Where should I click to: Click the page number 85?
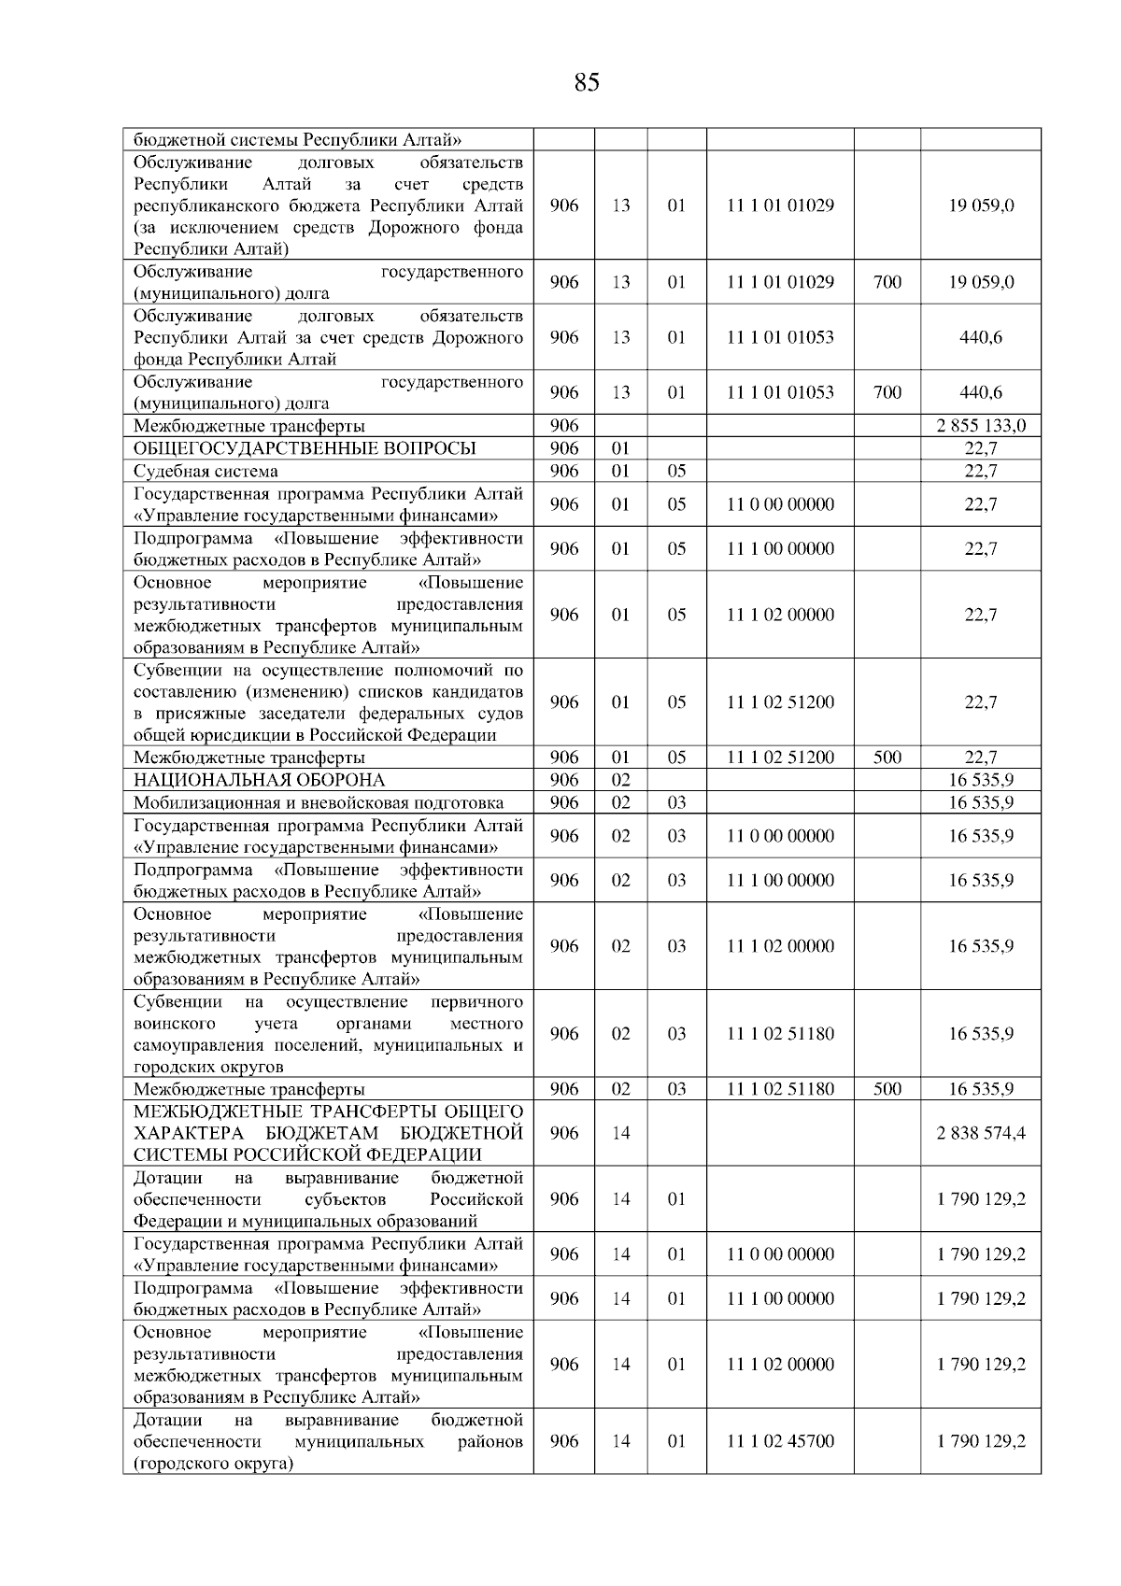point(587,83)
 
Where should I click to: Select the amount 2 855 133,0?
point(981,426)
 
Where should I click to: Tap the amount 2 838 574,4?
point(981,1133)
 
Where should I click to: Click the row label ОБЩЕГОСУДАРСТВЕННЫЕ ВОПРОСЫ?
point(305,448)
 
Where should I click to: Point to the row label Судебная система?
point(206,471)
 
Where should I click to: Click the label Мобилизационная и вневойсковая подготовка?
point(319,802)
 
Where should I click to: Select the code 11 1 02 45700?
point(781,1441)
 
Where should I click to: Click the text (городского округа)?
point(214,1464)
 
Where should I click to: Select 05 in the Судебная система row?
point(676,471)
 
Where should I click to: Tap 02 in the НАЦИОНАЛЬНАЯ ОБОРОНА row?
point(621,780)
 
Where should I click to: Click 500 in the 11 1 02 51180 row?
point(887,1089)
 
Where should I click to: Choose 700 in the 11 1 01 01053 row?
point(887,392)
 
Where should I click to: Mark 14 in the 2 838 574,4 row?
point(621,1133)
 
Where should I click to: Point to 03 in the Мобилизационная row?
point(676,802)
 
